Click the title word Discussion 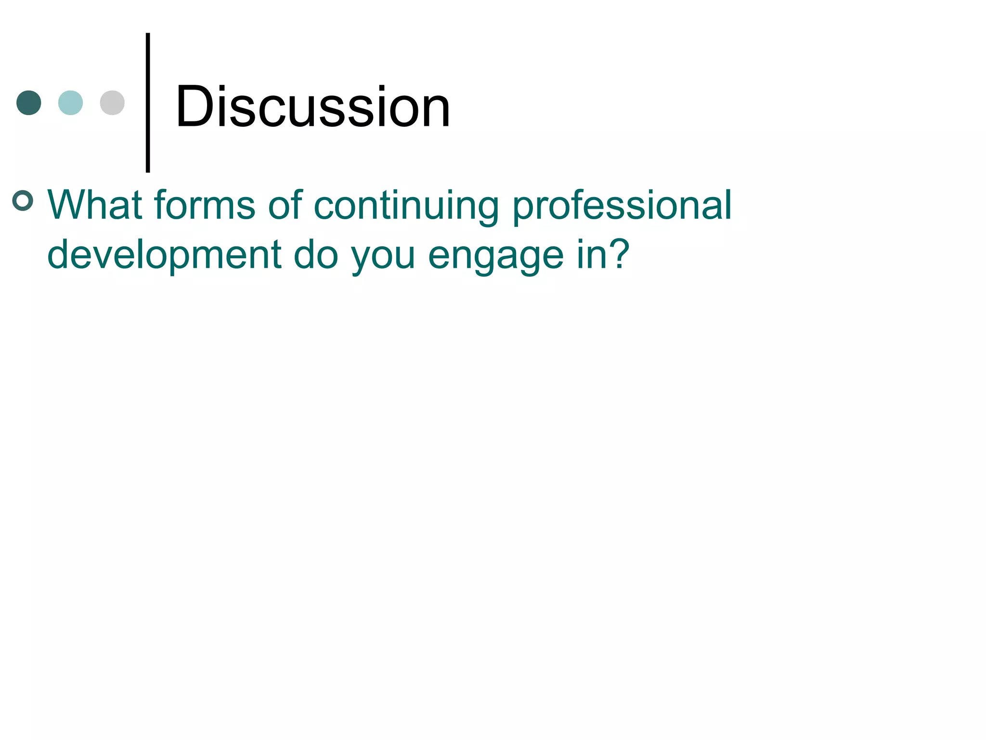313,107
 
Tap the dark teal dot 29,103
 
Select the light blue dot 70,103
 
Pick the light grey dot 112,103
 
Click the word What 94,205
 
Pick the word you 383,258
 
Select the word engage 496,258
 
